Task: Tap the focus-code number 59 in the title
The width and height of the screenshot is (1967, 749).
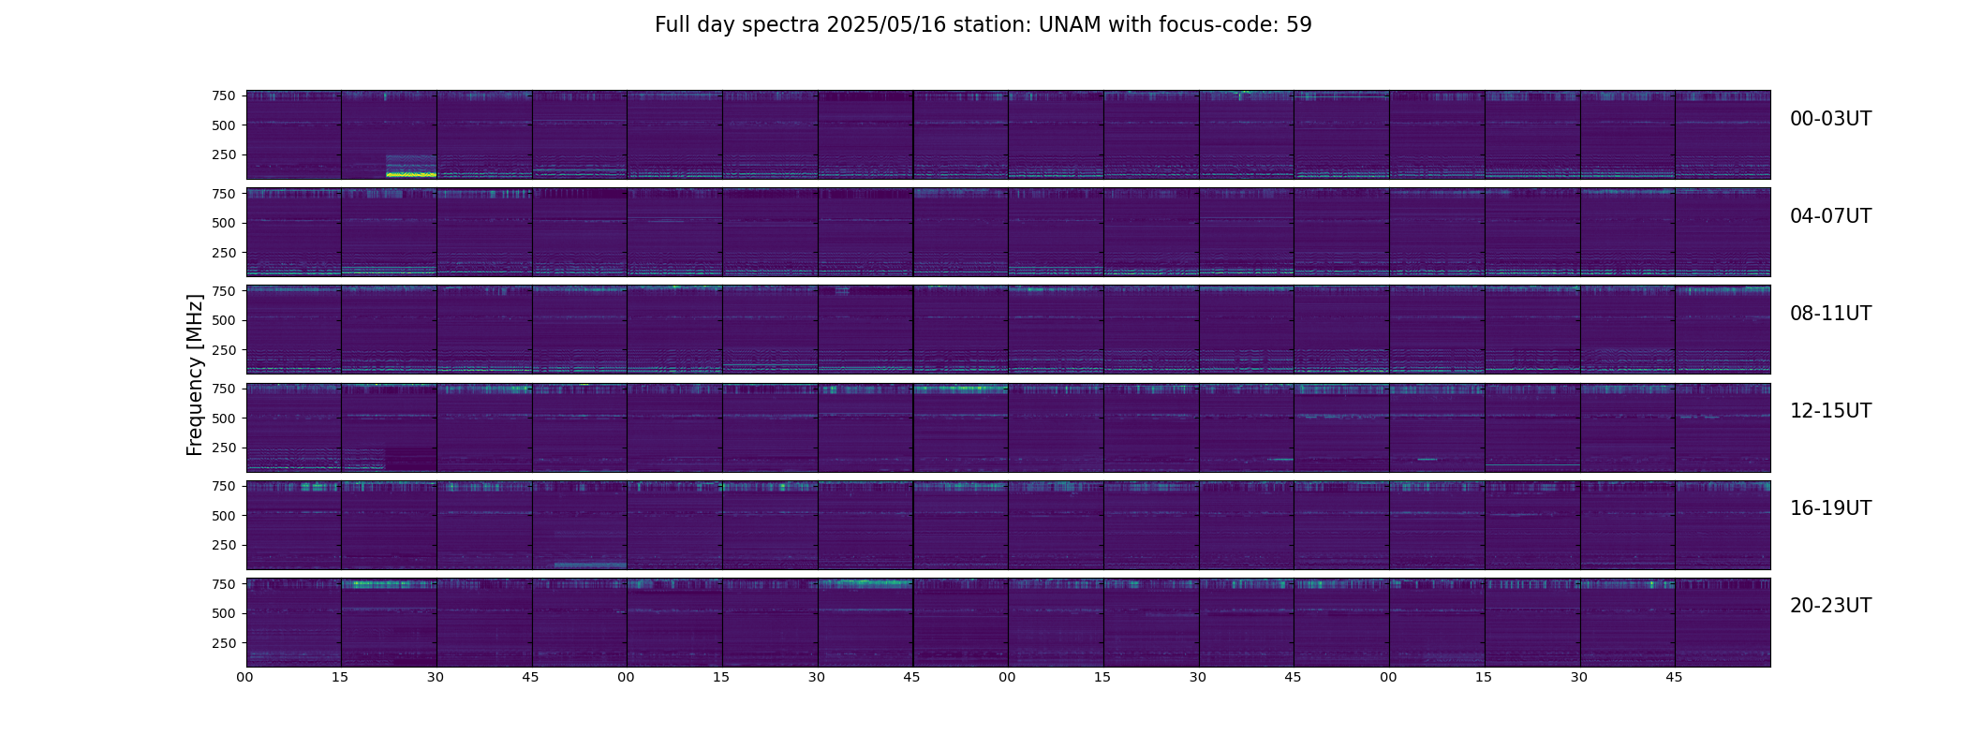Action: pos(1299,25)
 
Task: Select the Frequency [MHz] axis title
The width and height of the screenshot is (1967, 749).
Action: pos(195,374)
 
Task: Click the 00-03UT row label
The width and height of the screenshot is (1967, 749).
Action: pos(1830,119)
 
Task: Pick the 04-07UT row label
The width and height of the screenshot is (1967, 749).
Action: pos(1830,216)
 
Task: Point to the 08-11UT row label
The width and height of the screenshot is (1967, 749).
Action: pos(1830,314)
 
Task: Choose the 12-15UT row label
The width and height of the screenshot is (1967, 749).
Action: pos(1830,411)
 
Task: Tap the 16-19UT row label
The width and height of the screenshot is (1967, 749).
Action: pos(1830,508)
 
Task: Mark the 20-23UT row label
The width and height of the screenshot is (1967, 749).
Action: pos(1830,606)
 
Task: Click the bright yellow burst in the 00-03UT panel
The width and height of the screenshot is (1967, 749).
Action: pos(411,174)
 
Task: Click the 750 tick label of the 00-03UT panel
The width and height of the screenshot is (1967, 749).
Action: pos(223,95)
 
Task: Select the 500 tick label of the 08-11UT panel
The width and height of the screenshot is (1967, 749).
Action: pos(223,320)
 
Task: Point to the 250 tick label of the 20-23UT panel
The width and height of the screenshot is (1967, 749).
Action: pos(223,643)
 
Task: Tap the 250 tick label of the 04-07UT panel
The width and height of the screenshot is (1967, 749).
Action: pos(223,253)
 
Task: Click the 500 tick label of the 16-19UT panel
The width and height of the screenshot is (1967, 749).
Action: pos(223,516)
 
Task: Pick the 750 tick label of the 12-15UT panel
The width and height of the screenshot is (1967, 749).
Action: pos(223,389)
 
